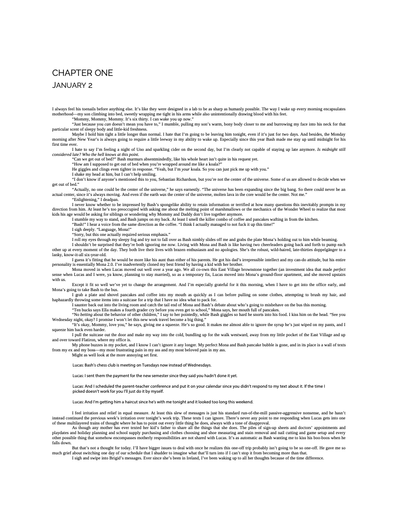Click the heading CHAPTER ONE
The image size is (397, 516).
tap(82, 73)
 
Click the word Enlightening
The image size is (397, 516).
tap(85, 200)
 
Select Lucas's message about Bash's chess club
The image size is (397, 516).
tap(142, 365)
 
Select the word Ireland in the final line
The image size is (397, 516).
tap(181, 458)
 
